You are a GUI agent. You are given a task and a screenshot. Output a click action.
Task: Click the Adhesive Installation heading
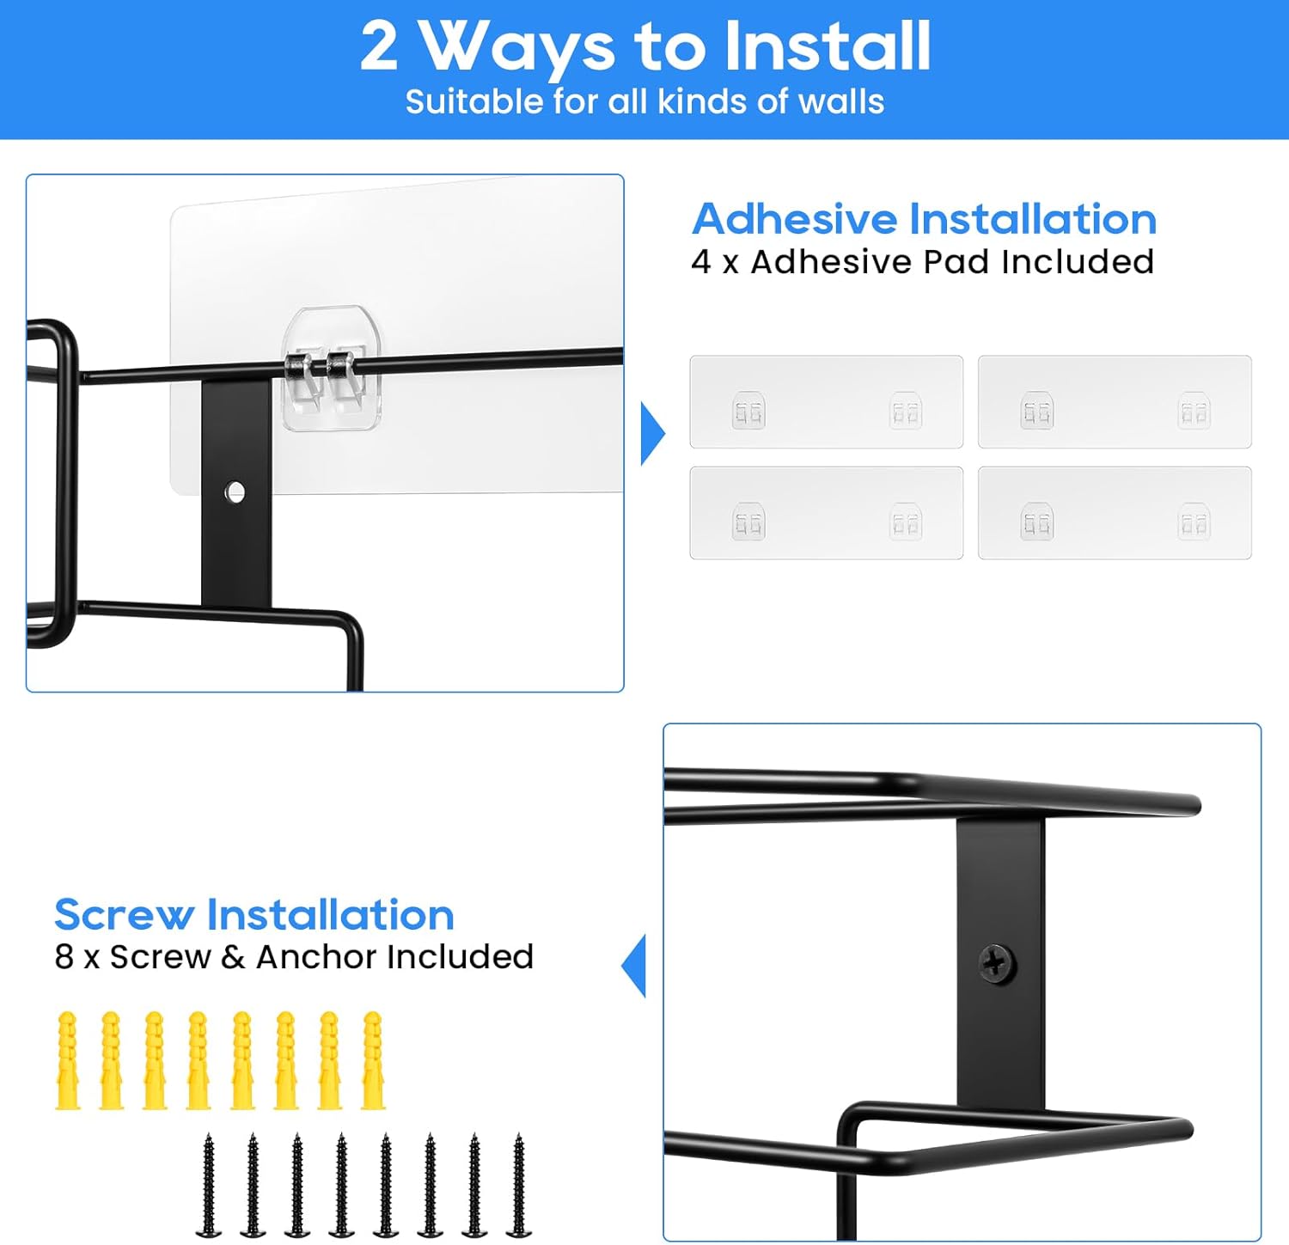tap(924, 218)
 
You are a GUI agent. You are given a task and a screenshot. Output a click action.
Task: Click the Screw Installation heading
tap(254, 914)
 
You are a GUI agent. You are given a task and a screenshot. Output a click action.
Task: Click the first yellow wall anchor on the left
tap(68, 1060)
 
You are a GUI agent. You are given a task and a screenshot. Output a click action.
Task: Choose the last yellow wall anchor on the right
tap(373, 1060)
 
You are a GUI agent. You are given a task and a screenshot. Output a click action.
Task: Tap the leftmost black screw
tap(208, 1185)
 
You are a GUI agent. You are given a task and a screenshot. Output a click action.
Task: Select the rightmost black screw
tap(518, 1185)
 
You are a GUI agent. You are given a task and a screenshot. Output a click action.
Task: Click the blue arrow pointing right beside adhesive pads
tap(652, 433)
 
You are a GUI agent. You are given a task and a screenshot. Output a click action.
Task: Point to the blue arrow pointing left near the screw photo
tap(634, 966)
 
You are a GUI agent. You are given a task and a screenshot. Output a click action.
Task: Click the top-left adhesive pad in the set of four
tap(827, 401)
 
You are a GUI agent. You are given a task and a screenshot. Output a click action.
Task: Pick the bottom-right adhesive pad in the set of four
tap(1115, 513)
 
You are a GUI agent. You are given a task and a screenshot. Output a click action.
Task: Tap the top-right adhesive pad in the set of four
tap(1115, 401)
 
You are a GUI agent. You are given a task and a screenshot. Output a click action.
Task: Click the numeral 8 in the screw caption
tap(64, 956)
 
